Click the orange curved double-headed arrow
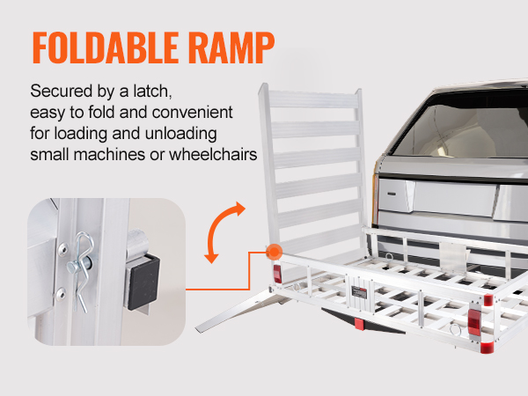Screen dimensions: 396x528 click(x=225, y=231)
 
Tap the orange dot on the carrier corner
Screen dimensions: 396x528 click(x=274, y=250)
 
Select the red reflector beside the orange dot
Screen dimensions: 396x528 click(x=275, y=272)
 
